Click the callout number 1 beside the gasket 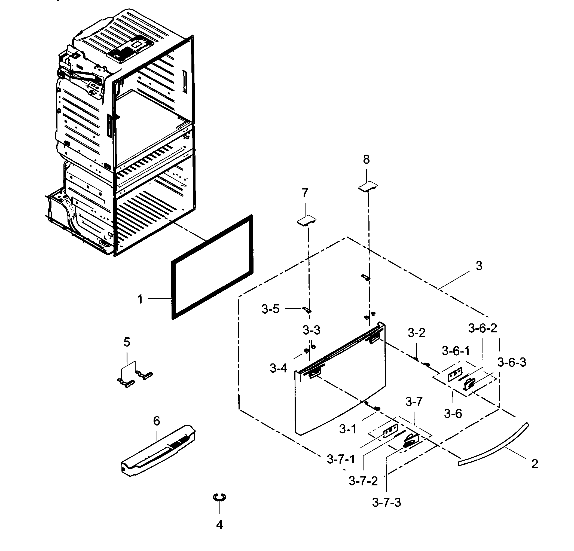(140, 299)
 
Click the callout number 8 (366, 160)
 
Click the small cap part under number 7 (307, 220)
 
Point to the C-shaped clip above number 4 (219, 497)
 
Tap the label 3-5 (270, 309)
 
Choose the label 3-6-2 (482, 328)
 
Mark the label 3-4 (278, 368)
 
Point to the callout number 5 (127, 342)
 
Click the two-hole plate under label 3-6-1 (455, 375)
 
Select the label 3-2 (416, 333)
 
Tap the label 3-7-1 (341, 459)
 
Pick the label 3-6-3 (512, 362)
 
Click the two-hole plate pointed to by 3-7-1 (390, 431)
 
